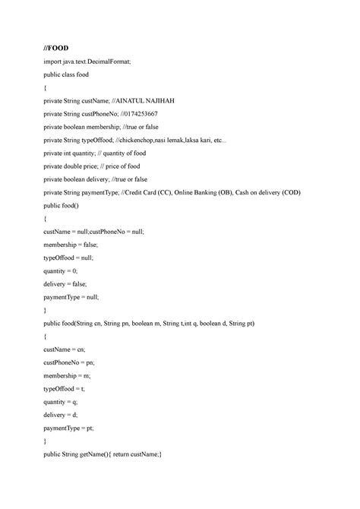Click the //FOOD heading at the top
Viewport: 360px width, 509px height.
(56, 47)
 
